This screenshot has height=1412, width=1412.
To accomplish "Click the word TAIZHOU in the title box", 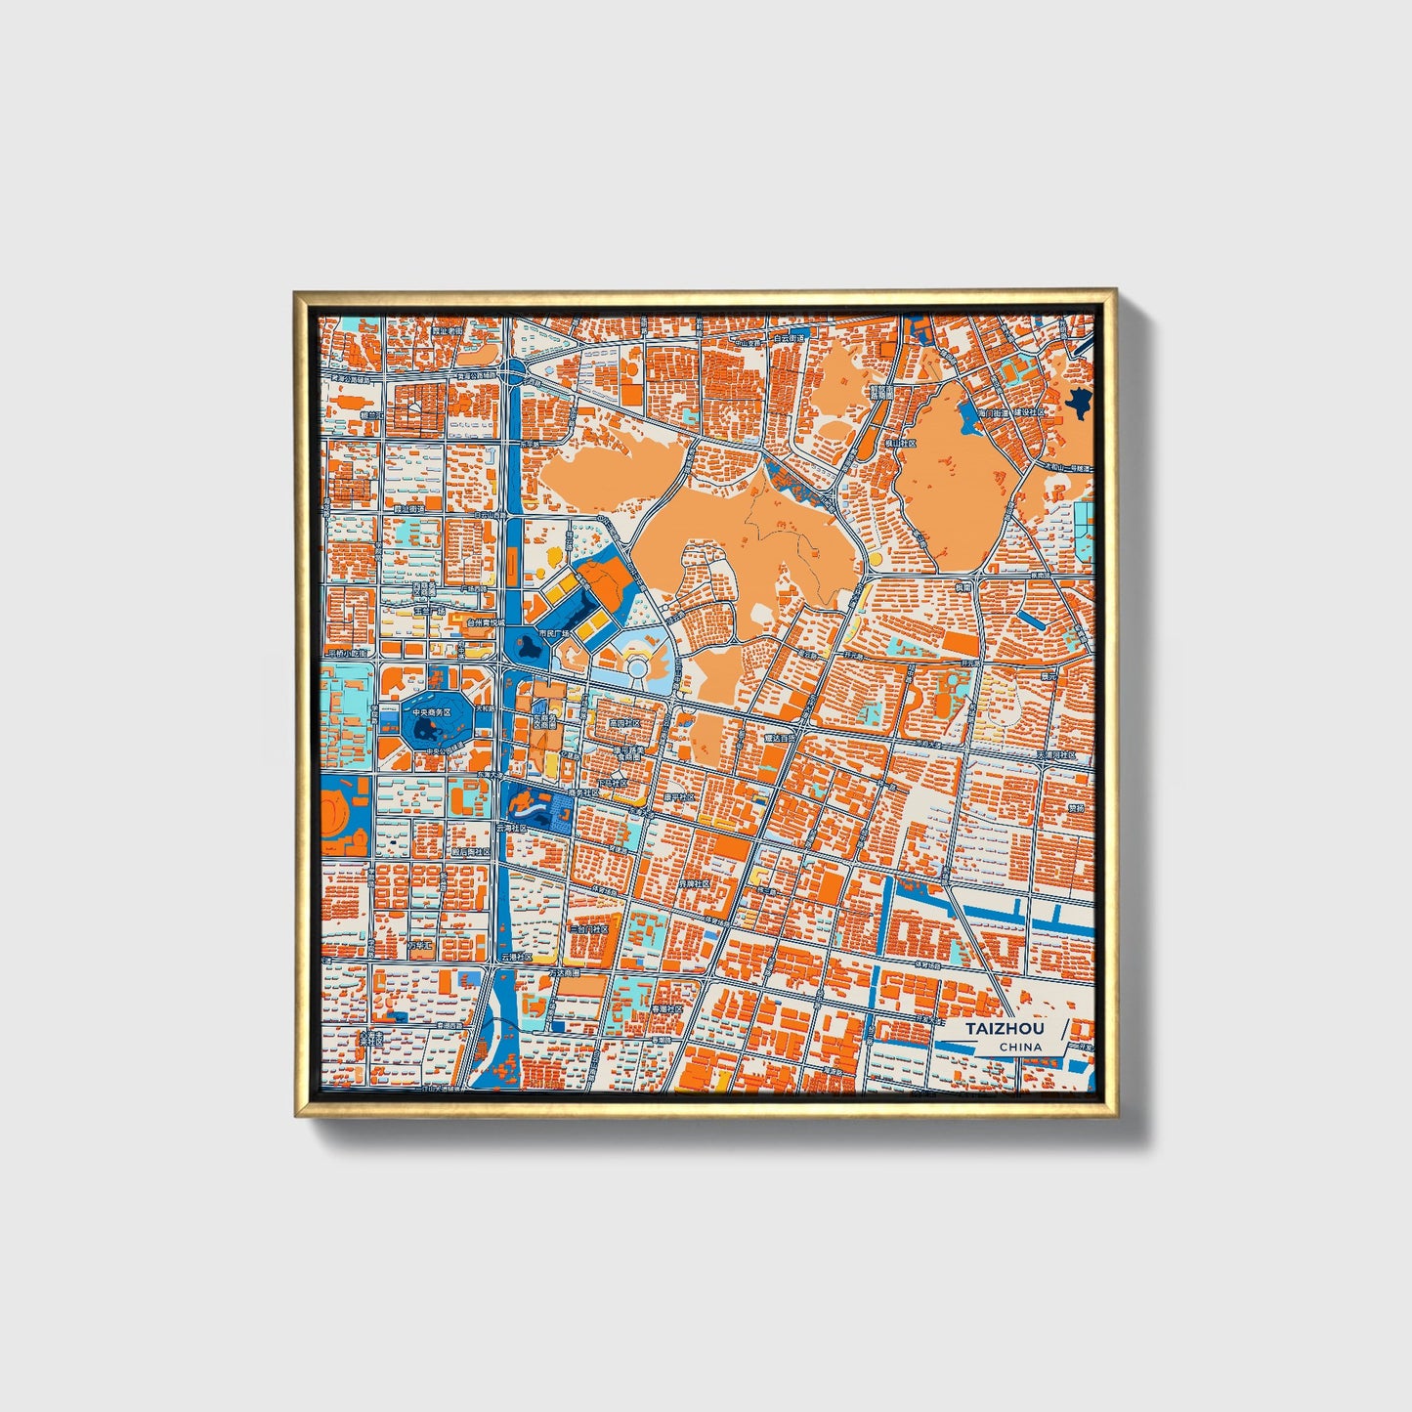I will pos(1005,1029).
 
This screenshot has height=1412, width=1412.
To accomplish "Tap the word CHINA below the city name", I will pos(1019,1047).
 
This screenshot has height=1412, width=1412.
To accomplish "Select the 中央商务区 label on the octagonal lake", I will pos(431,713).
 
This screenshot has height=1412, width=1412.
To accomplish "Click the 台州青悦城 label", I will pos(486,621).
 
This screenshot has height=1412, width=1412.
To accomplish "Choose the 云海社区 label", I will pos(511,828).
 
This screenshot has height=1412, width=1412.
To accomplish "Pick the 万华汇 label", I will pos(420,945).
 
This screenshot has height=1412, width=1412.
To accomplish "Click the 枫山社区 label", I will pos(900,443).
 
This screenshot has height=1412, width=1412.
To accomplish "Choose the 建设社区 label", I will pos(1029,412).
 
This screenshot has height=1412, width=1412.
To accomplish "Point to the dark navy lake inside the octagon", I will pos(427,731).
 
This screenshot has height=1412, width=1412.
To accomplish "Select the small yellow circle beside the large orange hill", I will pos(874,559).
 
